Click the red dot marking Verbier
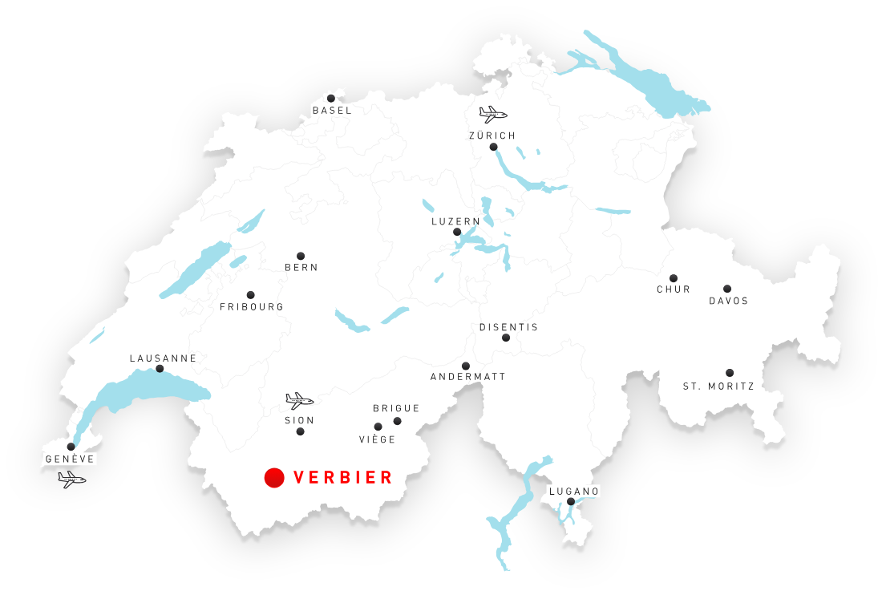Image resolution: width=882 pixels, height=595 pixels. coord(274,478)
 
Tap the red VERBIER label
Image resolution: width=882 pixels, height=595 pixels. coord(343,478)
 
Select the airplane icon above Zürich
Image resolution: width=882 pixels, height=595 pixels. coord(492,114)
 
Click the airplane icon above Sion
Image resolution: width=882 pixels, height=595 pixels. coord(299,400)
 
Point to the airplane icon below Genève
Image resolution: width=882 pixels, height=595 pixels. coord(71,480)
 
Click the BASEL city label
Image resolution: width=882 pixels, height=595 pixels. coord(332,111)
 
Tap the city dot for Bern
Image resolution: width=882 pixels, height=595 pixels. coord(301,256)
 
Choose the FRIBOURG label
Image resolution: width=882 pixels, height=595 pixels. coord(252,307)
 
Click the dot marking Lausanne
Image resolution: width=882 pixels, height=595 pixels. coord(160,369)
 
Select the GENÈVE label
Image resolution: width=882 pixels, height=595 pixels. coord(71,459)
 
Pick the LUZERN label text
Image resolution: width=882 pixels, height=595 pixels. coord(456,221)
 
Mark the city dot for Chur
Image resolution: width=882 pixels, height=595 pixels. coord(674,278)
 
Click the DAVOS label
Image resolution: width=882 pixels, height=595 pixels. coord(729,302)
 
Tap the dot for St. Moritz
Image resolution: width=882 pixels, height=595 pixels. coord(730,373)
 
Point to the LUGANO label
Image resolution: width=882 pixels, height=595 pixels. coord(574,491)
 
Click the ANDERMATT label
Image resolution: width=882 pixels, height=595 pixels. coord(468,377)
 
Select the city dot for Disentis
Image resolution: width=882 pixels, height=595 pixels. coord(506,338)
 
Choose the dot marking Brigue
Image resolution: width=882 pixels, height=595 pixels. coord(397,421)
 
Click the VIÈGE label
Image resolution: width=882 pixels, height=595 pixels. coord(378,439)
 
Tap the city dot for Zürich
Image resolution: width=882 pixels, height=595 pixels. coord(493,147)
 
